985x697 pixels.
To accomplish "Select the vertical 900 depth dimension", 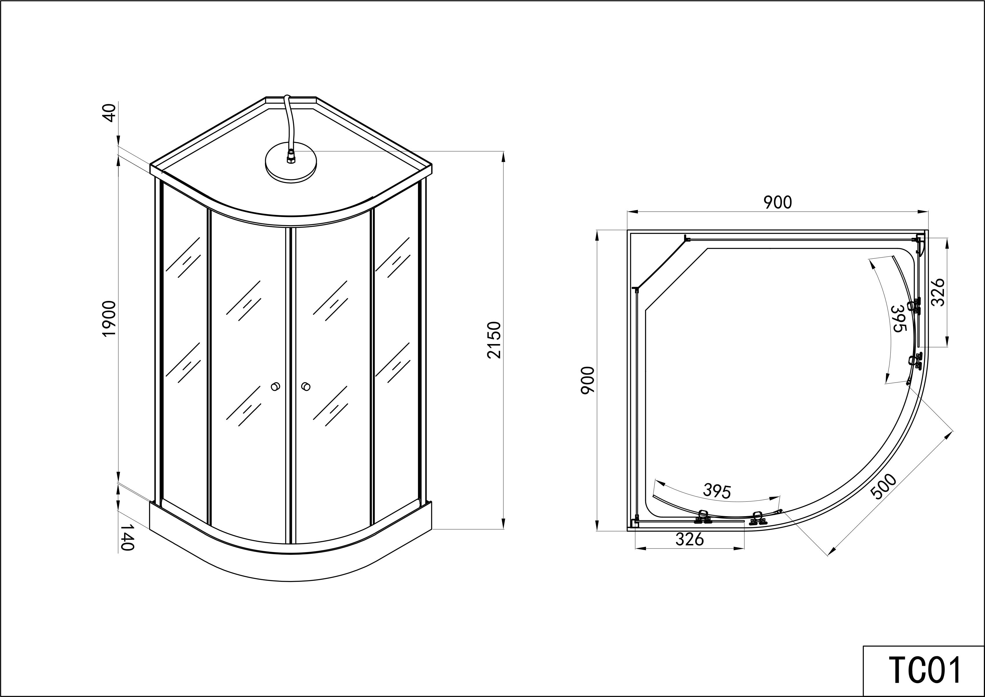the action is [x=587, y=380].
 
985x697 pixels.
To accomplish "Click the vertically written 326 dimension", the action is [x=938, y=292].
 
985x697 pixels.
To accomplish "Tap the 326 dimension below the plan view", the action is [x=690, y=539].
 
